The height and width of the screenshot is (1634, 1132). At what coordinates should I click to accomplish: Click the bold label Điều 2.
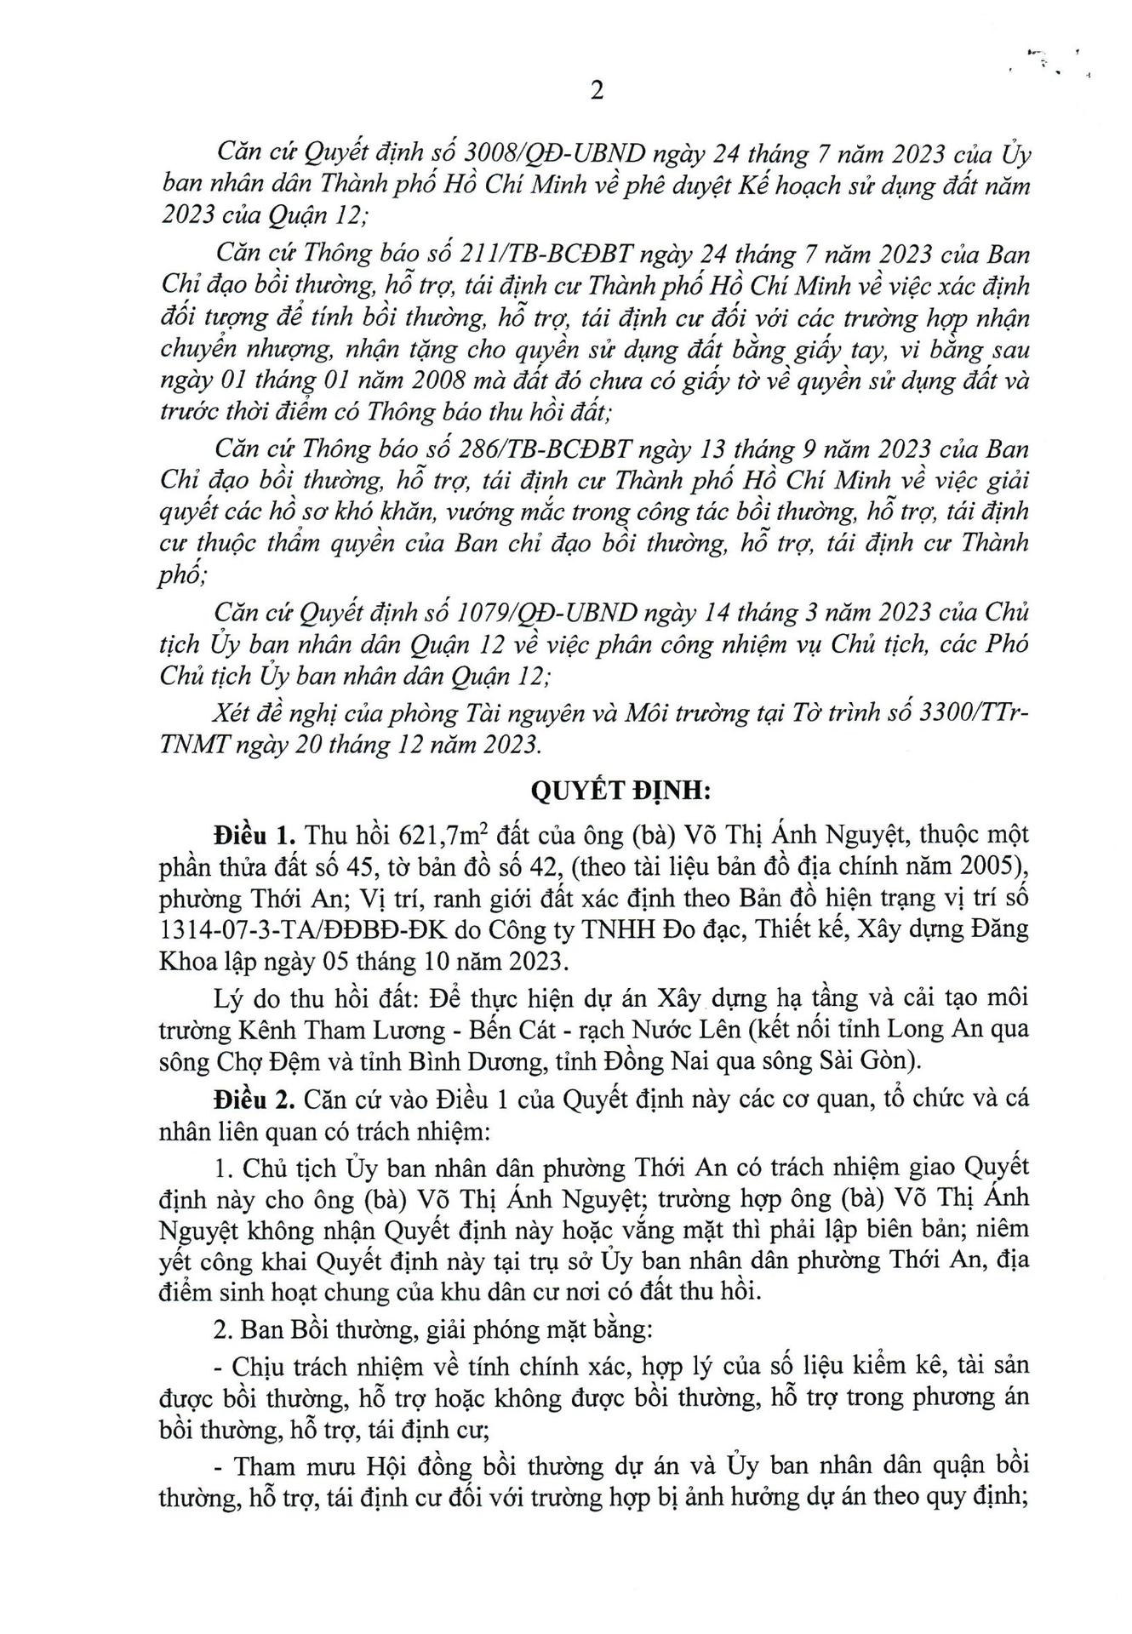[248, 1099]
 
